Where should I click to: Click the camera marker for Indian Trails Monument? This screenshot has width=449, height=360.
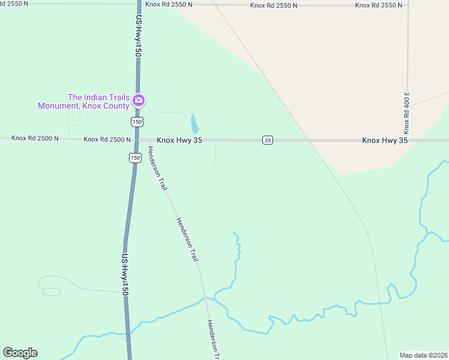[x=139, y=100]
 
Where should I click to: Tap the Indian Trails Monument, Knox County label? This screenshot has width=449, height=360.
[x=83, y=101]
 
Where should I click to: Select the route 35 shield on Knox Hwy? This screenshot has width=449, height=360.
[x=268, y=140]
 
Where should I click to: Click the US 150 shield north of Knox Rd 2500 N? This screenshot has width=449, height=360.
[x=137, y=122]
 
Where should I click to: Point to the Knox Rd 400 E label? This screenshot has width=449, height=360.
[x=406, y=113]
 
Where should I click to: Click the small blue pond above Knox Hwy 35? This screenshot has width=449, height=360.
[x=194, y=124]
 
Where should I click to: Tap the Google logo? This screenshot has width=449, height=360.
[x=20, y=353]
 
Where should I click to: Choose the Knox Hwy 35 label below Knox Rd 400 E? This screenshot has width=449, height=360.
[x=385, y=140]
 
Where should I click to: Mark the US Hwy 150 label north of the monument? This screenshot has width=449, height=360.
[x=138, y=37]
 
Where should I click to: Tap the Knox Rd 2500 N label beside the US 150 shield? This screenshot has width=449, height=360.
[x=107, y=139]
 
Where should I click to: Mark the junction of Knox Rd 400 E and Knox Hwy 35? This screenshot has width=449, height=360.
[x=407, y=140]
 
